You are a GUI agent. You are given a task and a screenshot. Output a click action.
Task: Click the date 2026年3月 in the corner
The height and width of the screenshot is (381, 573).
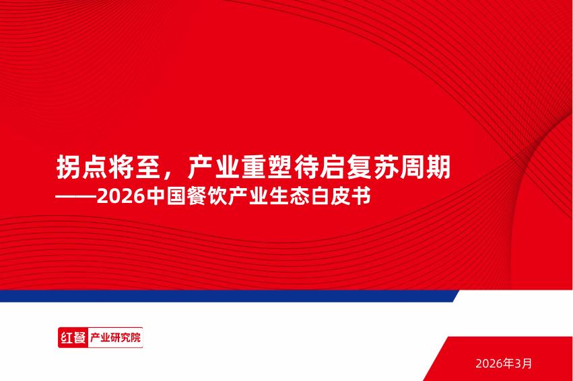(x=503, y=364)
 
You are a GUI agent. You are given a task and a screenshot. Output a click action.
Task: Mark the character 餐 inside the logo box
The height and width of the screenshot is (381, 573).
(x=79, y=337)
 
